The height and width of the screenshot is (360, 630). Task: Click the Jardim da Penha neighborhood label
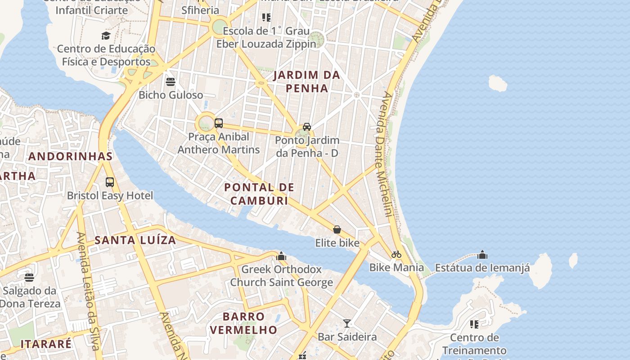pyautogui.click(x=307, y=81)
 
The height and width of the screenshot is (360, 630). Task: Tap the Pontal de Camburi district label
pyautogui.click(x=259, y=194)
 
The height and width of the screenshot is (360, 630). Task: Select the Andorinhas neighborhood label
pyautogui.click(x=70, y=156)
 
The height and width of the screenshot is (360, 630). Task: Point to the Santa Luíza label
pyautogui.click(x=135, y=240)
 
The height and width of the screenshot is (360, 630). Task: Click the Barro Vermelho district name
pyautogui.click(x=243, y=323)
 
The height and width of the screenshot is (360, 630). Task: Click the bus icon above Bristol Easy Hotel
pyautogui.click(x=110, y=182)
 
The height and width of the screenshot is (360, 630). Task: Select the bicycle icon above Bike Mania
pyautogui.click(x=396, y=254)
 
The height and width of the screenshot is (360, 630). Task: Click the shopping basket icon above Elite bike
pyautogui.click(x=337, y=230)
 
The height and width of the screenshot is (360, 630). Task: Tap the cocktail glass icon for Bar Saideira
pyautogui.click(x=347, y=324)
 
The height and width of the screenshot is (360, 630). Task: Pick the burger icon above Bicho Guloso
pyautogui.click(x=171, y=82)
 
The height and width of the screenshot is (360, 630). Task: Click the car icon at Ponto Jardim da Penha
pyautogui.click(x=307, y=127)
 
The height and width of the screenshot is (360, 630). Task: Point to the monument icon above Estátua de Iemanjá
pyautogui.click(x=482, y=255)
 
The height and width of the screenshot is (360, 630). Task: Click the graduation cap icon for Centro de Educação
pyautogui.click(x=106, y=36)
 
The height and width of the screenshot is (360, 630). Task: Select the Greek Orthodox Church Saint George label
pyautogui.click(x=281, y=276)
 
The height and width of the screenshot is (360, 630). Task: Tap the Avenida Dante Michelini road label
pyautogui.click(x=383, y=153)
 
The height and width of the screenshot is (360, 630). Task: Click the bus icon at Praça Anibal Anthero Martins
pyautogui.click(x=219, y=123)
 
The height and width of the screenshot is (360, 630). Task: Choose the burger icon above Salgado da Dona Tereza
pyautogui.click(x=29, y=277)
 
